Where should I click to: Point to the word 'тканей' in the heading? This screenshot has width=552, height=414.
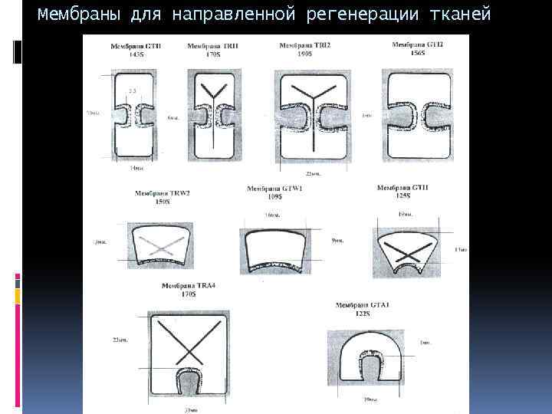tap(463, 15)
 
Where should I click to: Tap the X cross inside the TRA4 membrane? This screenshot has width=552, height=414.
tap(188, 343)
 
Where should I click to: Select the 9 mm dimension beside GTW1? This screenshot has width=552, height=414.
tap(337, 240)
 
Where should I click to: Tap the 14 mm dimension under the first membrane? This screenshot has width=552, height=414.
tap(135, 168)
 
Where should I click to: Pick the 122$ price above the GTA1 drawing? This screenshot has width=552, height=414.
tap(363, 314)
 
